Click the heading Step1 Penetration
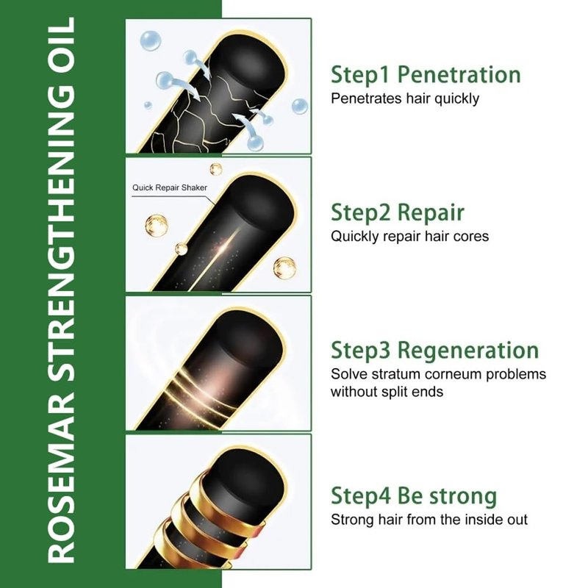click(x=426, y=74)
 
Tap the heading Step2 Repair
click(x=398, y=212)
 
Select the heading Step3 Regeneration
click(x=434, y=351)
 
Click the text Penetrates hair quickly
click(x=405, y=98)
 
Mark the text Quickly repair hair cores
click(x=410, y=236)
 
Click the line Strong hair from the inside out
click(x=429, y=520)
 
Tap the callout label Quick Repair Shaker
click(x=170, y=187)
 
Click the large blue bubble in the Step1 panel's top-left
click(x=151, y=40)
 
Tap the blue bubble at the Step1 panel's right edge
click(x=300, y=107)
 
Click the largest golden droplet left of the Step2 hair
click(x=157, y=226)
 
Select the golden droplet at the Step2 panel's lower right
click(x=284, y=268)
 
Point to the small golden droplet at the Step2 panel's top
click(x=216, y=169)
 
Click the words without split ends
click(x=387, y=392)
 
